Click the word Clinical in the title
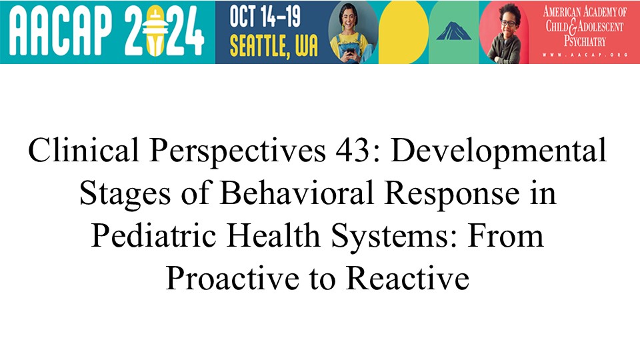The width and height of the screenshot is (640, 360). point(84,150)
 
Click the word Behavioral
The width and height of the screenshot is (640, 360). point(297,193)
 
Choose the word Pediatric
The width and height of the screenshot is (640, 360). point(153,235)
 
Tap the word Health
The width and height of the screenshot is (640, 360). point(273,235)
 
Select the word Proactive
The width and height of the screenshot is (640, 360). point(232,278)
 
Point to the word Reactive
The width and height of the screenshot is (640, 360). point(408,278)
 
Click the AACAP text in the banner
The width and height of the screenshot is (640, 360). point(61,31)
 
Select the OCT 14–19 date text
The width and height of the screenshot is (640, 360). point(265,16)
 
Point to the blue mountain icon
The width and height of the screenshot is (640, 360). point(453,31)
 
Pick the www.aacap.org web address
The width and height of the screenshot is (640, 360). point(585,55)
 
